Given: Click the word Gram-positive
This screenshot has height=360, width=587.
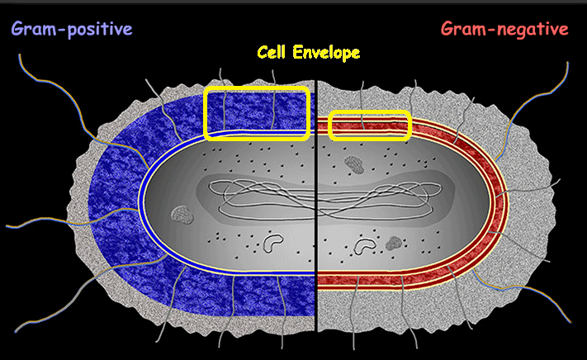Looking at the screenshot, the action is tap(71, 30).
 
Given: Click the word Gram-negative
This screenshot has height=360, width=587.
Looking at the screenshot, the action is tap(504, 30).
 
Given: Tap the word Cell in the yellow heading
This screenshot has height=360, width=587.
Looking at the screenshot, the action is tap(273, 53).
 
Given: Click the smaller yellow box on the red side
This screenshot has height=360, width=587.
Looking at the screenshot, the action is tap(370, 126).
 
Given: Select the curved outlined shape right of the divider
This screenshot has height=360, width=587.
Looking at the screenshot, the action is tap(363, 244).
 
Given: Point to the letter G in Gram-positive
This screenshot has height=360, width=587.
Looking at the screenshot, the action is tap(17, 30).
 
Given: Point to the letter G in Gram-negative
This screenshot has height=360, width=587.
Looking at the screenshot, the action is tap(447, 30).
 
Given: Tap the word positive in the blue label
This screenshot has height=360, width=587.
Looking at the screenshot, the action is tap(99, 31).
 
